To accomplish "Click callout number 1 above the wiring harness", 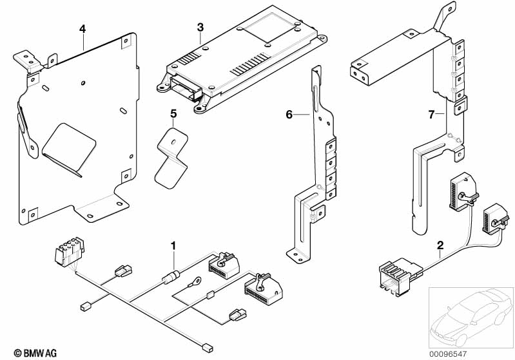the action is [x=173, y=246].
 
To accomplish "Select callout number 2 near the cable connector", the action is [x=440, y=245].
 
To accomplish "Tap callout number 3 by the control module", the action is [x=200, y=27].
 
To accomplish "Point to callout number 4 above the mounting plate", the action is [x=83, y=29].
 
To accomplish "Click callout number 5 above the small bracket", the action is [x=173, y=114].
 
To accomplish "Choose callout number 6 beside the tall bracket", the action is [x=289, y=115].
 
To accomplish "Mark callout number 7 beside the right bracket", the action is [x=432, y=115].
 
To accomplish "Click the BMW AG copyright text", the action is [x=35, y=353].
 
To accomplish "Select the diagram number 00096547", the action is [x=448, y=354].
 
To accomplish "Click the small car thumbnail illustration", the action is [x=471, y=317].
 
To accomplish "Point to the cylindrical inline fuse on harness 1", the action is [x=171, y=277].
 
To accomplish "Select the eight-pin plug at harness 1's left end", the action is [x=70, y=251].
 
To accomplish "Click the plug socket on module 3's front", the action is [x=186, y=88].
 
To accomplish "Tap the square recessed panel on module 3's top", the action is [x=269, y=28].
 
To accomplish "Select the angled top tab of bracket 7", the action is [x=444, y=16].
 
